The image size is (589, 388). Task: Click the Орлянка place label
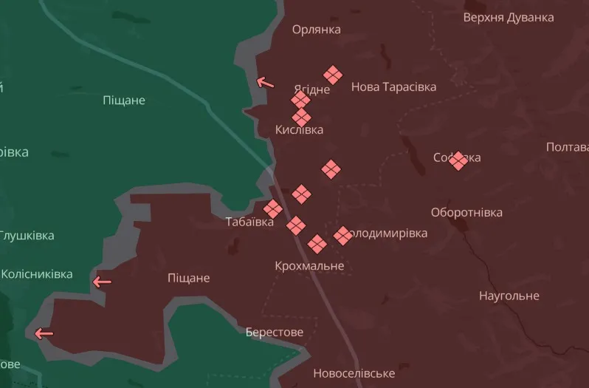tap(316, 30)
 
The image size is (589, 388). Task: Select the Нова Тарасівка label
tap(393, 86)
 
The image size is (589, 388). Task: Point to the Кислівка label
tap(299, 130)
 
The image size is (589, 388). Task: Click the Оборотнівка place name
tap(466, 212)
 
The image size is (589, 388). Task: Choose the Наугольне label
tap(509, 296)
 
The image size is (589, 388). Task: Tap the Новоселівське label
tap(354, 373)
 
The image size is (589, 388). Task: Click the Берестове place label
tap(275, 332)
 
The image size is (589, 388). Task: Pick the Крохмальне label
tap(309, 265)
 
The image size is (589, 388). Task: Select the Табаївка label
tap(249, 222)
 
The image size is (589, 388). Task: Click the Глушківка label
tap(27, 236)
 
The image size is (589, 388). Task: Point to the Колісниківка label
tap(37, 274)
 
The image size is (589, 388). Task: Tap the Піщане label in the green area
tap(123, 100)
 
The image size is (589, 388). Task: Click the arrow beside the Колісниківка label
tap(102, 282)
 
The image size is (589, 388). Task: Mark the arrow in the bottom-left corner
tap(44, 333)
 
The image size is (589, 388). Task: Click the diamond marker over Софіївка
tap(458, 160)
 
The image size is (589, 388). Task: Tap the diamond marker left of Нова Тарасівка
tap(333, 75)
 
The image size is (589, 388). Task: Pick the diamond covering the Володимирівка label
tap(342, 236)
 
